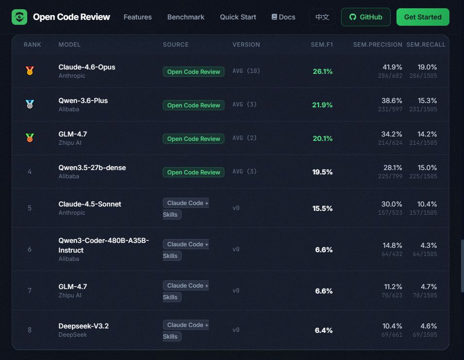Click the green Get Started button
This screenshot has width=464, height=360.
point(423,17)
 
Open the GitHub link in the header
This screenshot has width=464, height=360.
point(365,17)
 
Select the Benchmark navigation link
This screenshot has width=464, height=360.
point(186,17)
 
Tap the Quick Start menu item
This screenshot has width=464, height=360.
point(238,17)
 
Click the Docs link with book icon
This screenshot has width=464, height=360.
point(283,17)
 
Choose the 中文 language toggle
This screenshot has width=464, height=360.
point(322,17)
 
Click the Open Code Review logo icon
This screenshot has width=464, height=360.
point(19,17)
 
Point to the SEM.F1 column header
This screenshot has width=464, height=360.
point(322,45)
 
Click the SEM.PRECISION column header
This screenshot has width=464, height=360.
point(378,45)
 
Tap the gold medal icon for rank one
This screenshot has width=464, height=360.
point(30,71)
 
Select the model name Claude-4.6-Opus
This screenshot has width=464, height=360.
point(86,67)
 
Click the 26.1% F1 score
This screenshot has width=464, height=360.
point(323,71)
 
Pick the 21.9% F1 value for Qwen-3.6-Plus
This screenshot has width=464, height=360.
point(322,105)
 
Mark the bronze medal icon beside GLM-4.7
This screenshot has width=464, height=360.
point(30,137)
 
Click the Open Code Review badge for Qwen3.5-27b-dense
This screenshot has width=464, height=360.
point(193,172)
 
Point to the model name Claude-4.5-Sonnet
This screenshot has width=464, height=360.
point(90,204)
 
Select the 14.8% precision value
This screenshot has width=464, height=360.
point(392,245)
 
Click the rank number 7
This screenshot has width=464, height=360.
point(30,291)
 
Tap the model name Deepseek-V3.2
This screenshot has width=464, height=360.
point(84,326)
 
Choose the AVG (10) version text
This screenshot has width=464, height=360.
point(246,71)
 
